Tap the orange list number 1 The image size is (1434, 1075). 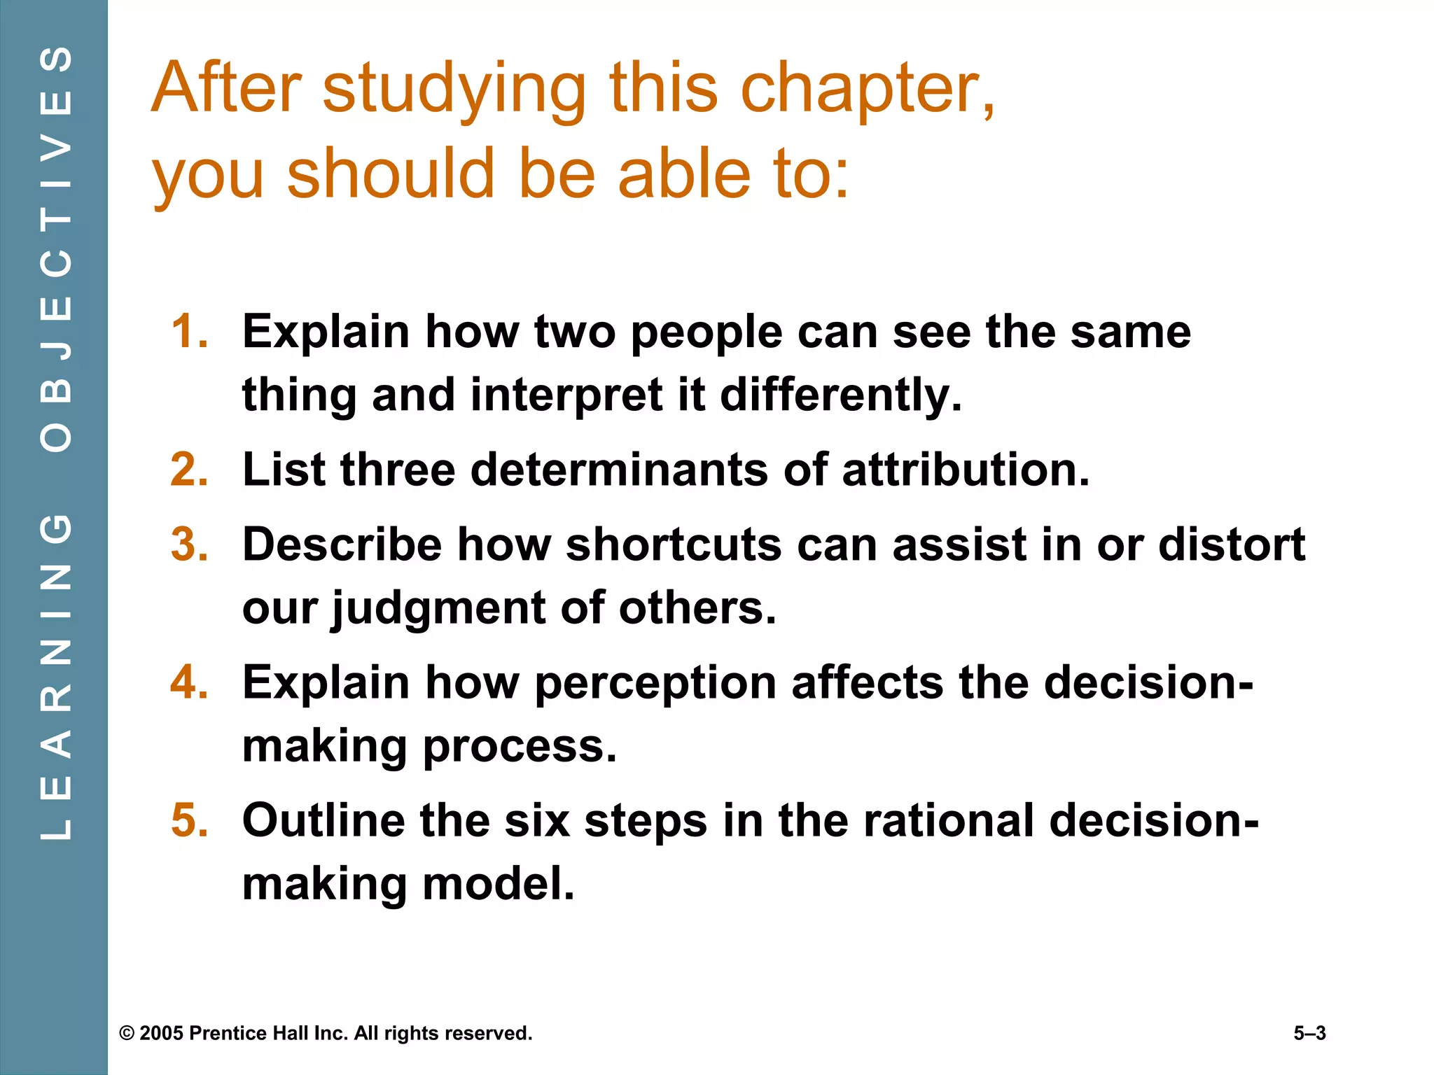click(x=189, y=332)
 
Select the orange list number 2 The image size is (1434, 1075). click(x=189, y=470)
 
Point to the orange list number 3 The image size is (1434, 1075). click(x=189, y=544)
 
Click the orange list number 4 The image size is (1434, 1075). click(x=189, y=682)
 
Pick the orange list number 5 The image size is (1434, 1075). click(x=189, y=820)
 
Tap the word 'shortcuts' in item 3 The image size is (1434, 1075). click(x=673, y=544)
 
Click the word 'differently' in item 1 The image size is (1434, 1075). click(x=840, y=395)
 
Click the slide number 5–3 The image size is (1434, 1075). click(x=1309, y=1034)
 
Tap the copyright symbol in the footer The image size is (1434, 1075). click(x=127, y=1034)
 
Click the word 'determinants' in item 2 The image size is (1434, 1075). click(x=619, y=470)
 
